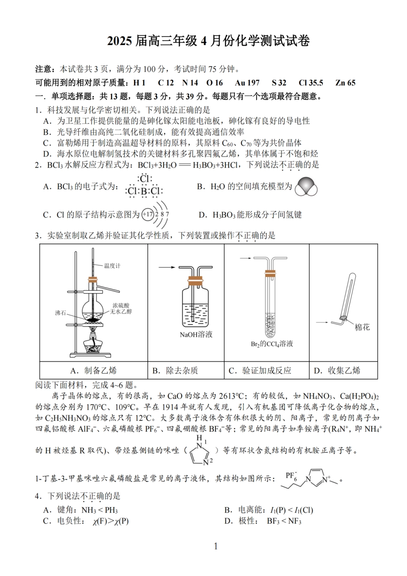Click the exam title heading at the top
[x=208, y=41]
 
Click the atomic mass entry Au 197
[x=247, y=83]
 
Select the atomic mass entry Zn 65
[x=345, y=83]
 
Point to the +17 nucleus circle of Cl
[x=148, y=214]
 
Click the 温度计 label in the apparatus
[x=112, y=266]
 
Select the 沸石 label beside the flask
[x=61, y=312]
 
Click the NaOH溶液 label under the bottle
[x=196, y=334]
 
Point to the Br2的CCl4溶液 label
[x=272, y=344]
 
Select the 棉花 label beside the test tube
[x=362, y=327]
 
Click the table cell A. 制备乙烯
[x=93, y=371]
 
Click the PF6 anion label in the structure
[x=291, y=476]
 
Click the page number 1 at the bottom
[x=216, y=546]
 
